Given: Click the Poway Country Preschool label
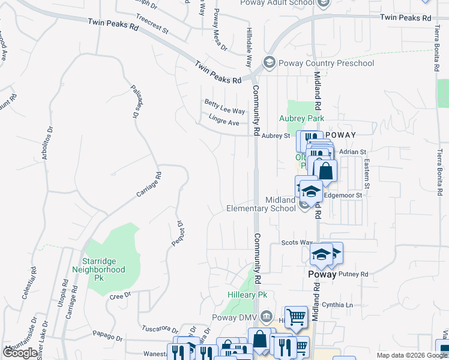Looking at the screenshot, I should pyautogui.click(x=326, y=63).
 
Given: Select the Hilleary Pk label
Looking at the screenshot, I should pyautogui.click(x=247, y=295).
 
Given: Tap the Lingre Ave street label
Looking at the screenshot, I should pyautogui.click(x=224, y=122).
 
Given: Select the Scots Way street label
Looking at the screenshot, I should pyautogui.click(x=297, y=242).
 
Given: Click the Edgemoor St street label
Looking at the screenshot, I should pyautogui.click(x=343, y=195).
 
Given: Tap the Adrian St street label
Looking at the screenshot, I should pyautogui.click(x=352, y=152).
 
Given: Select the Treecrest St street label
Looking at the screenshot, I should pyautogui.click(x=152, y=25).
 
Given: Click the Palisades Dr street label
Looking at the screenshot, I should pyautogui.click(x=135, y=101).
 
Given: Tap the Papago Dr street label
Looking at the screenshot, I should pyautogui.click(x=106, y=334).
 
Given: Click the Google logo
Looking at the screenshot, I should pyautogui.click(x=21, y=353).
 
